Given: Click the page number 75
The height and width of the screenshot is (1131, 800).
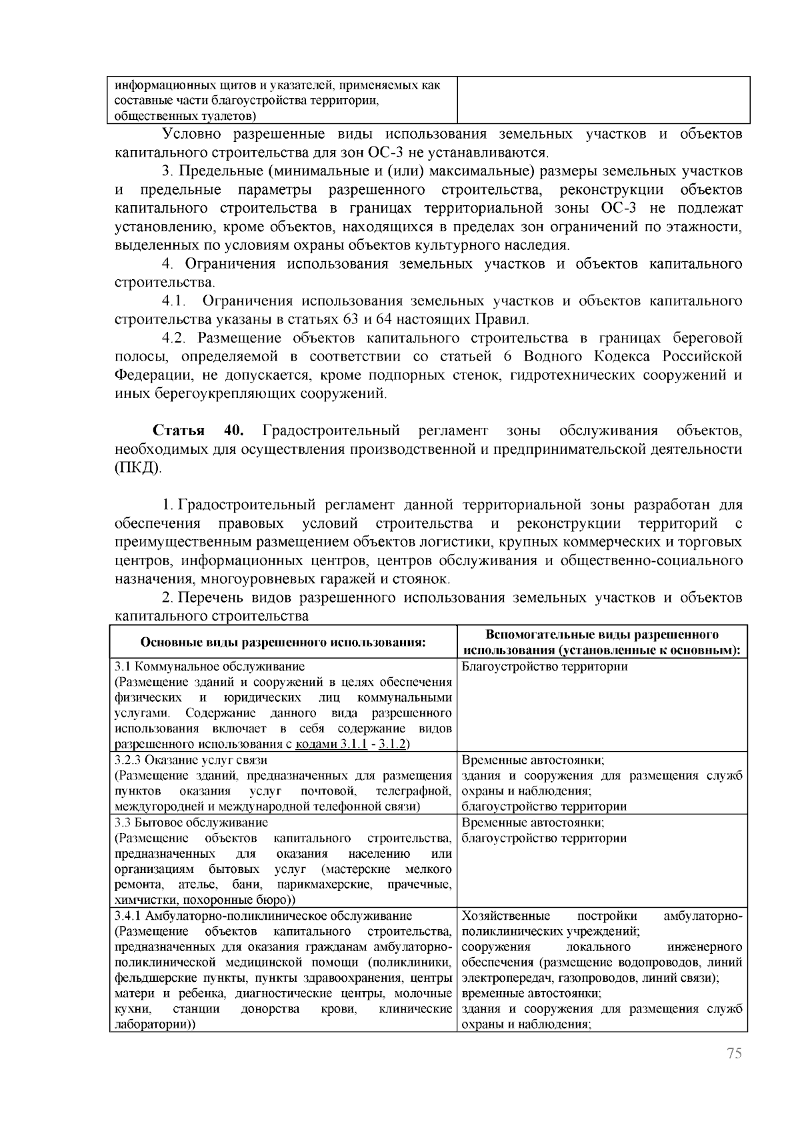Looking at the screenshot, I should coord(733,1072).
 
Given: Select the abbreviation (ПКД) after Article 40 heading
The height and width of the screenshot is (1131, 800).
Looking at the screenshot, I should coord(138,468).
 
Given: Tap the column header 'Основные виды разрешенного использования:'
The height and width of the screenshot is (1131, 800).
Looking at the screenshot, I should coord(283,642).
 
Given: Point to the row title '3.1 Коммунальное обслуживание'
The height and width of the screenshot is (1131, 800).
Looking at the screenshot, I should coord(210,666).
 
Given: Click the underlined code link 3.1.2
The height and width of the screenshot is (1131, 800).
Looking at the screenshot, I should coord(393,744).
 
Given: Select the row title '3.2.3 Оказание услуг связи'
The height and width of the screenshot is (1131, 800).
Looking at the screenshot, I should coord(191,760).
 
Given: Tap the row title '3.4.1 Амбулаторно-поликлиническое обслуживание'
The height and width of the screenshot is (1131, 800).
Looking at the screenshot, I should coord(263,916).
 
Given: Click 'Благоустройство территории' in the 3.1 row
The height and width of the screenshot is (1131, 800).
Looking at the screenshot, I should coord(544,666).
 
